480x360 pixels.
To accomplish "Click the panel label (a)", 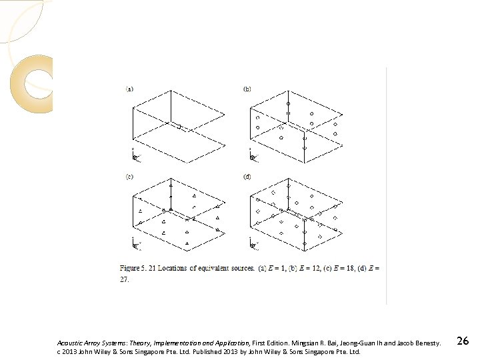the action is pyautogui.click(x=130, y=88).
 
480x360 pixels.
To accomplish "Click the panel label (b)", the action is pyautogui.click(x=247, y=88).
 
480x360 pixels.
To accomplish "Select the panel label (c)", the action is pyautogui.click(x=130, y=177).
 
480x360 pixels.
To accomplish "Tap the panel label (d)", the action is pyautogui.click(x=247, y=177).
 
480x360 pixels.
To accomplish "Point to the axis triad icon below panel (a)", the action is pyautogui.click(x=135, y=156).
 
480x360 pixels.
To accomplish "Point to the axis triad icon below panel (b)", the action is pyautogui.click(x=252, y=156).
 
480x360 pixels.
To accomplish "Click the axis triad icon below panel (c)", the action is pyautogui.click(x=135, y=245).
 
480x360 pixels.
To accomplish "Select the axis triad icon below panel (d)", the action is pyautogui.click(x=252, y=245).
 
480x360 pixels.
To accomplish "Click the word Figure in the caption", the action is pyautogui.click(x=131, y=267).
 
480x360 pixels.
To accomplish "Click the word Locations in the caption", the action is pyautogui.click(x=177, y=267).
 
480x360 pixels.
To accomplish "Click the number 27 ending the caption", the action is pyautogui.click(x=125, y=281).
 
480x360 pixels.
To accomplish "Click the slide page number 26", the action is pyautogui.click(x=463, y=341).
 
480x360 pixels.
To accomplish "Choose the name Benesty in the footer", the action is pyautogui.click(x=425, y=343).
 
